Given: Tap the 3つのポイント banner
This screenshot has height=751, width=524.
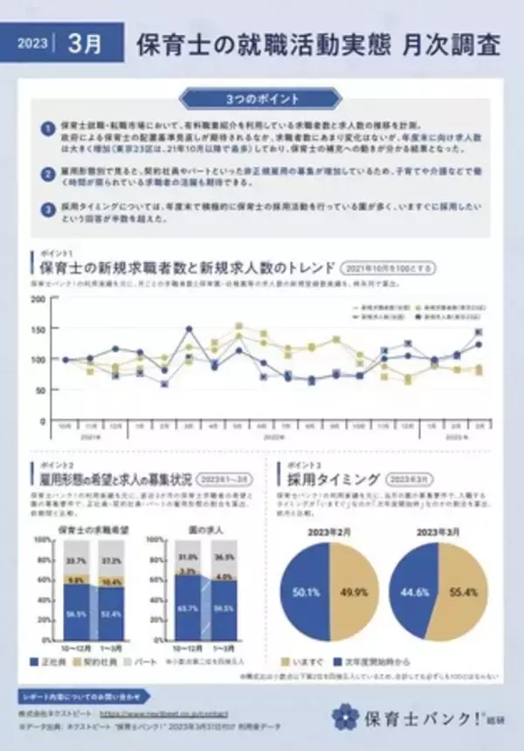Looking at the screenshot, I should [x=262, y=98].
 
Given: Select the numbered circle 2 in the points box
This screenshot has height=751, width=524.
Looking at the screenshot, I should [x=47, y=175].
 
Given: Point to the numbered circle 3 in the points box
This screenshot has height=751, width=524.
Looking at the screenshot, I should [x=47, y=210].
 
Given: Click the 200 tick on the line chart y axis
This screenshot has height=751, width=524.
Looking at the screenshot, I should [x=38, y=299].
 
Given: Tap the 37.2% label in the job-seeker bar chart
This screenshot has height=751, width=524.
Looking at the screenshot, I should [x=112, y=560].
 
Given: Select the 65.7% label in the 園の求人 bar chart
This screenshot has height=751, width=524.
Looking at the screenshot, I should [x=189, y=605].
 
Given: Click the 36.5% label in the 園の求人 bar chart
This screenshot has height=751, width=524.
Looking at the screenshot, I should [x=224, y=557].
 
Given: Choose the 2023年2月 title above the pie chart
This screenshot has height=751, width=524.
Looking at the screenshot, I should [x=329, y=530].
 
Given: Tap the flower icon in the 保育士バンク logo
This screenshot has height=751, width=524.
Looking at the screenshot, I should [x=346, y=716].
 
